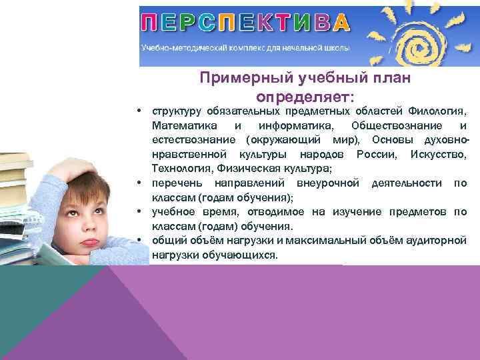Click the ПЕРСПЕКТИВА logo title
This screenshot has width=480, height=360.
point(245,23)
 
